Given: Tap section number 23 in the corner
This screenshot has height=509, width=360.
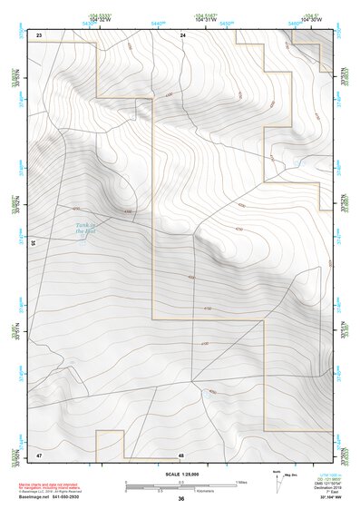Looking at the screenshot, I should point(39,34).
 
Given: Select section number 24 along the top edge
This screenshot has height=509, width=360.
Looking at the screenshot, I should point(182,34).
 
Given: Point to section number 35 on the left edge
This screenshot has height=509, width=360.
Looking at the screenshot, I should point(33,242).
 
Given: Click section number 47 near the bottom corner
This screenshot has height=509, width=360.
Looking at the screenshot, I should point(39,454).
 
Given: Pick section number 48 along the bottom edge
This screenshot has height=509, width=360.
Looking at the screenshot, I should point(181,454).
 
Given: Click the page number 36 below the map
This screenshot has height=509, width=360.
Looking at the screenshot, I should point(181,499).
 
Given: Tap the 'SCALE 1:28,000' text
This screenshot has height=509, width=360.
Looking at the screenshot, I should point(180,474).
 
